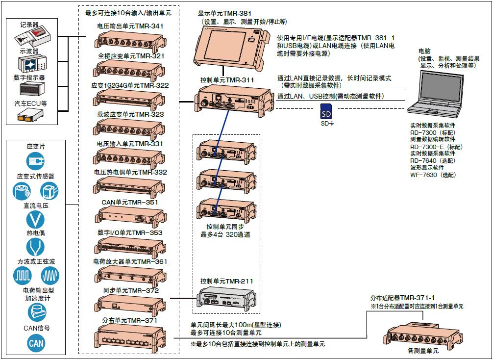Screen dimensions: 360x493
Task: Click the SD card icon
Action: [x=326, y=112]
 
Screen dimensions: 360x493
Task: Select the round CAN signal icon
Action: [x=36, y=343]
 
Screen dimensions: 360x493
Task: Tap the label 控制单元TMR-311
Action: [x=227, y=79]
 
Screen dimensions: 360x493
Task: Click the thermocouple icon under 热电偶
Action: [x=36, y=247]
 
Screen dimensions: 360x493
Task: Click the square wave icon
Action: [x=23, y=277]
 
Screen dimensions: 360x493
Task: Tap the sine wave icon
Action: [x=50, y=277]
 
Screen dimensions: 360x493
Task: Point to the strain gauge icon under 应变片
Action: [x=36, y=160]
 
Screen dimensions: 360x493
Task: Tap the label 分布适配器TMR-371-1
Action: [x=402, y=298]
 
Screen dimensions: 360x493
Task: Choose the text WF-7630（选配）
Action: [x=433, y=175]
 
